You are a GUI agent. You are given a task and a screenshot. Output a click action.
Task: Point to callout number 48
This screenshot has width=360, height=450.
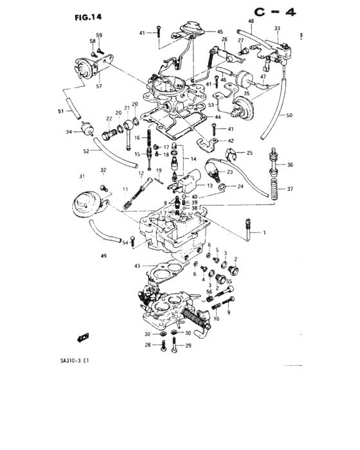point(251,21)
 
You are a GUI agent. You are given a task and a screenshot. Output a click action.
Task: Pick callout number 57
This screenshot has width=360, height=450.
point(99,85)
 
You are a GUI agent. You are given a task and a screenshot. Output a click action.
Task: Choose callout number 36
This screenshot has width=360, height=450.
point(289,165)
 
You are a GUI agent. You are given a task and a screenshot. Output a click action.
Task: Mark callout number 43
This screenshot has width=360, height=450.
point(136,266)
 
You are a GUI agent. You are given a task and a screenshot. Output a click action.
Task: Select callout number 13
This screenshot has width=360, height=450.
point(210,186)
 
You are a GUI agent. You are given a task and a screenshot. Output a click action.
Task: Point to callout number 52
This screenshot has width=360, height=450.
point(86,152)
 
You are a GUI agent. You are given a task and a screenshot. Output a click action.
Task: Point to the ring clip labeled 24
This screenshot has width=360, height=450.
point(222,187)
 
